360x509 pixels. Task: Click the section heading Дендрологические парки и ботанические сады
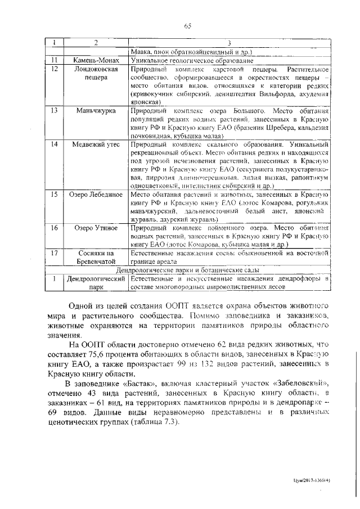(188, 270)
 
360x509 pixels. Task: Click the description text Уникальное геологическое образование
(183, 60)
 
